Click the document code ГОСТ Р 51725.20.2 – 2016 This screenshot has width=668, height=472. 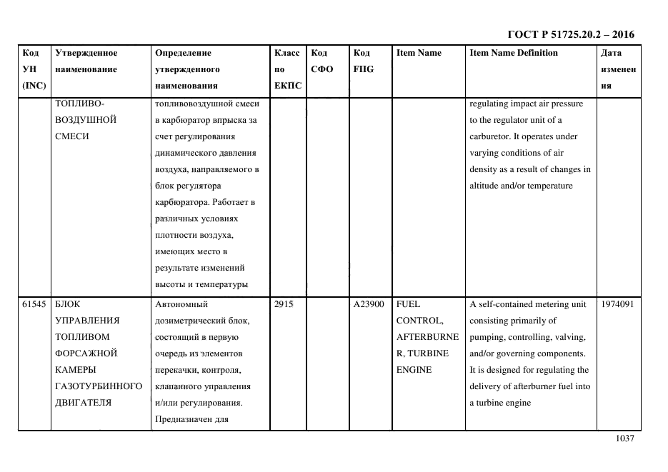[570, 34]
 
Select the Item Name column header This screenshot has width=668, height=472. [419, 53]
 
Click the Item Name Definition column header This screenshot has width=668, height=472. [513, 53]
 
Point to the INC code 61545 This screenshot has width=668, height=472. [34, 304]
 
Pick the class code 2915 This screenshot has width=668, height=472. [284, 304]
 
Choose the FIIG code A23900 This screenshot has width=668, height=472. [369, 304]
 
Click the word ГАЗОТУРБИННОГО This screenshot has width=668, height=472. [98, 386]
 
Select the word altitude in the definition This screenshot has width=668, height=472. [486, 186]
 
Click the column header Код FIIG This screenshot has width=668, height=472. [363, 61]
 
